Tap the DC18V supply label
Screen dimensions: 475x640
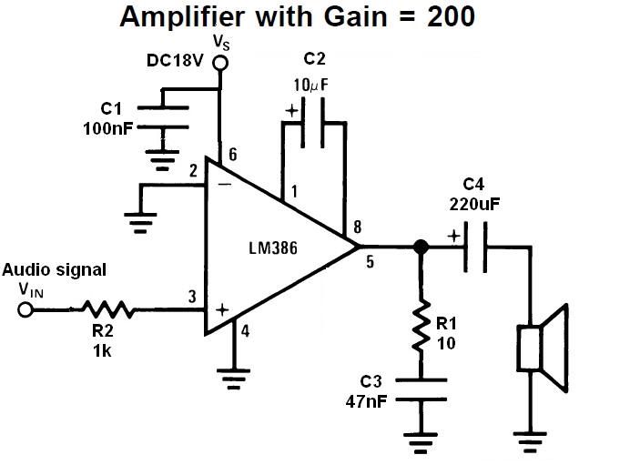coord(174,61)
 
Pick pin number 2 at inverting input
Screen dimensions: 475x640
coord(193,171)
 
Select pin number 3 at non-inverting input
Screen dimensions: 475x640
coord(192,296)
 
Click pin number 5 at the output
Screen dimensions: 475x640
coord(371,264)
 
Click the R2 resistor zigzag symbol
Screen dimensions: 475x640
coord(109,310)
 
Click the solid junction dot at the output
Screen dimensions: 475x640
coord(421,247)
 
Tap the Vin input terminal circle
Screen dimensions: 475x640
coord(25,310)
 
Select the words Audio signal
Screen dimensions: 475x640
coord(54,270)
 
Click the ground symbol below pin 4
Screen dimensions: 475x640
coord(236,372)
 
